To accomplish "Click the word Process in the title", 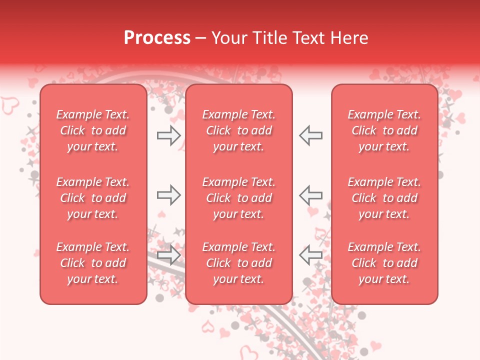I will pos(157,38).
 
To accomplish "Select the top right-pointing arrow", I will pos(168,135).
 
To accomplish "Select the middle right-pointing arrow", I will pos(168,195).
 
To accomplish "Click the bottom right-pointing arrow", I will pos(168,255).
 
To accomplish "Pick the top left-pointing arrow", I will pos(310,135).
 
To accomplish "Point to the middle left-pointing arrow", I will pos(310,195).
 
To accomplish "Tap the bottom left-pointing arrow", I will pos(310,255).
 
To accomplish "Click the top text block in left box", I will pos(93,130).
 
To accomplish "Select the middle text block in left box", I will pos(93,198).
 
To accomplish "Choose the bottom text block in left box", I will pos(93,263).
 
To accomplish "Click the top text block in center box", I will pos(238,130).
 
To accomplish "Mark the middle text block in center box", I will pos(238,198).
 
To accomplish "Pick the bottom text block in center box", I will pos(238,263).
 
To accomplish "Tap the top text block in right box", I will pos(384,130).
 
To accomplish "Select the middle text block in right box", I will pos(384,198).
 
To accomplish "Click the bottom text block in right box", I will pos(384,263).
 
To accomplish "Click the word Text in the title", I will pos(307,38).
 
